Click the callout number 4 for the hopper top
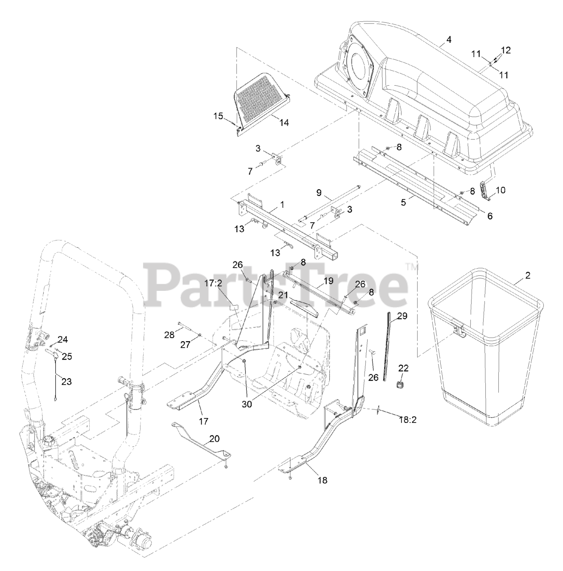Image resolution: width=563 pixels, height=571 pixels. point(449,40)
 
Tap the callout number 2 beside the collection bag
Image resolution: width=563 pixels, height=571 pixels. point(528,275)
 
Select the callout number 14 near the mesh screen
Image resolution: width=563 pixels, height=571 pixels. point(284,122)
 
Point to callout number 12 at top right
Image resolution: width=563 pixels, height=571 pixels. point(505,50)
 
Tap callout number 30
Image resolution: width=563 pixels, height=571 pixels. point(247,404)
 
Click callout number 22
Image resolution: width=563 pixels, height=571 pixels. point(403,368)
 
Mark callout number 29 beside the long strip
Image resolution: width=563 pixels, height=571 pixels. point(402,316)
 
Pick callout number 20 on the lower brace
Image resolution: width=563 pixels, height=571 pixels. point(214,439)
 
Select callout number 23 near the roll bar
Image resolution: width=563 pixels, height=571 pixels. point(66,381)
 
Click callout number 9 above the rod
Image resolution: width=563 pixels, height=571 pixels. point(319,193)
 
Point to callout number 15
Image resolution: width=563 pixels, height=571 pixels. point(218,116)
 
